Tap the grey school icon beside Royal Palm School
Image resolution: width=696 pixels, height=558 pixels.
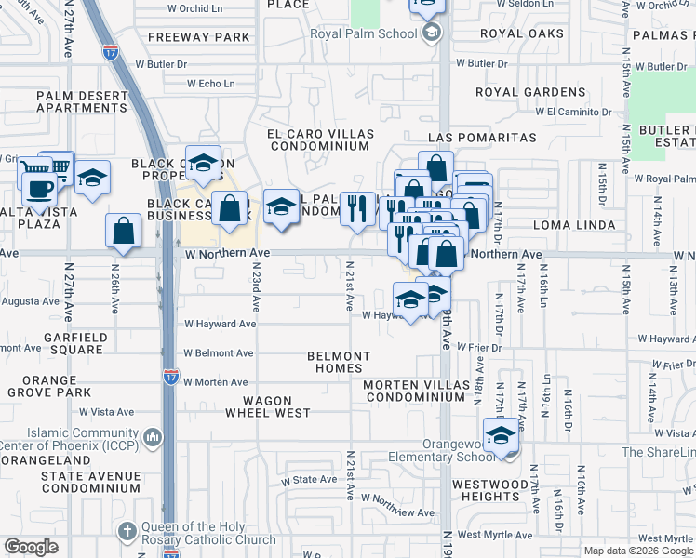click(x=431, y=35)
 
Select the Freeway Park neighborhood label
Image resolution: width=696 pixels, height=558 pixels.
click(x=199, y=37)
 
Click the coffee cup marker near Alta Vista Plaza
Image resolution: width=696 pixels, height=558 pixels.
click(x=38, y=188)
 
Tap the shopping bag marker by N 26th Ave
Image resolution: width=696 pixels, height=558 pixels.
click(x=123, y=232)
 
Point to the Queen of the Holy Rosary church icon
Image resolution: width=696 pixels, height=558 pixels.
click(x=127, y=531)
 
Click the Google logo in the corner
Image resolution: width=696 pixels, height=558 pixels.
click(x=31, y=547)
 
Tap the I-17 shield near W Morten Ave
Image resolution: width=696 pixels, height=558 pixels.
click(x=170, y=377)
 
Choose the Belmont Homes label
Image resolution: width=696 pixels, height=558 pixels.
click(x=339, y=362)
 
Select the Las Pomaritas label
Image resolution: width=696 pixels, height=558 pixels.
click(x=482, y=138)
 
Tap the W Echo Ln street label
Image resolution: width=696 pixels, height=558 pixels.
click(x=210, y=83)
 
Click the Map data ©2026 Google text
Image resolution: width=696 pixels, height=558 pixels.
click(x=637, y=551)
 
